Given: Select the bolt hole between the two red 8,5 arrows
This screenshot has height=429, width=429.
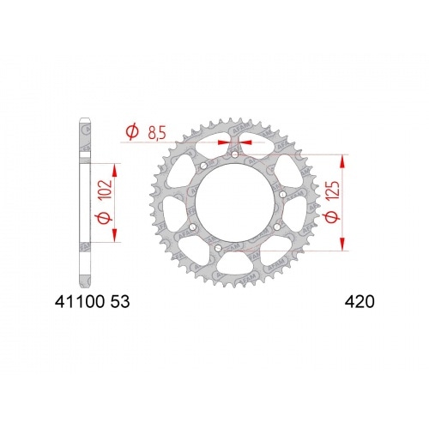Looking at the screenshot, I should point(233,155).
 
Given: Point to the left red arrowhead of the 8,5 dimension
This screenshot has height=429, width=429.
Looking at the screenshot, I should point(224,142).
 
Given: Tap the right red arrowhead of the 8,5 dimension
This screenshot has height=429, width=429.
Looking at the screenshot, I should point(243,142).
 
